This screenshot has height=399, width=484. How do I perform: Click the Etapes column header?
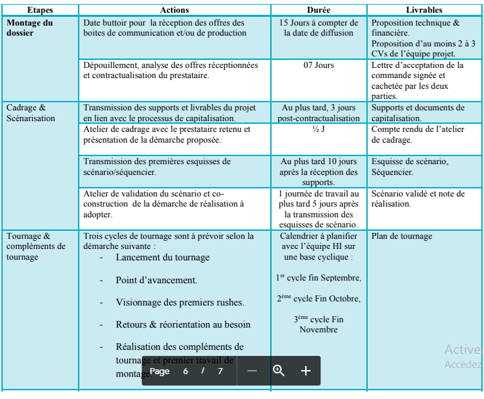click(40, 11)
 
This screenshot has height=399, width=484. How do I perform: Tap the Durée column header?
click(319, 11)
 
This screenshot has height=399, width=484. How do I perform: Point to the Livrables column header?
click(424, 11)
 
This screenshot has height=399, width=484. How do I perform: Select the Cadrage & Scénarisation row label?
click(30, 112)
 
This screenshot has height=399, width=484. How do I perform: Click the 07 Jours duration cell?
click(319, 66)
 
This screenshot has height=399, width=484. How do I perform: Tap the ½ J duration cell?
click(319, 129)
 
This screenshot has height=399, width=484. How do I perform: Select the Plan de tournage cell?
click(403, 236)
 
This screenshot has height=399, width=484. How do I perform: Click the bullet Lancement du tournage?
click(163, 258)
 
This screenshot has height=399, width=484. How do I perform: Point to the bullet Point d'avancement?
click(157, 280)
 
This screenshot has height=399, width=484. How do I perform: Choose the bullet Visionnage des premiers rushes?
click(180, 302)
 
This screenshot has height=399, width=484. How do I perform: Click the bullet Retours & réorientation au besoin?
click(184, 324)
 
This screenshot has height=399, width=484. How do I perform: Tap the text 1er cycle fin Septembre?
click(319, 278)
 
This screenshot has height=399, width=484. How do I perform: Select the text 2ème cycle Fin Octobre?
click(319, 299)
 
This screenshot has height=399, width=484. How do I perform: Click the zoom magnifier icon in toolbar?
click(278, 371)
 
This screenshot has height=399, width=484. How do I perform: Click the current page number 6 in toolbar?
click(185, 371)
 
